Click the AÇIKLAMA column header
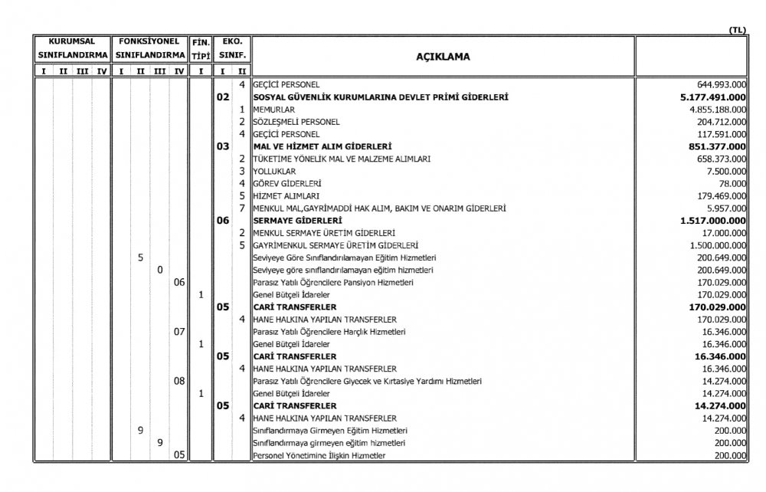[x=443, y=57]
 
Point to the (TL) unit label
[x=737, y=30]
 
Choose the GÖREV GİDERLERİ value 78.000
[x=734, y=183]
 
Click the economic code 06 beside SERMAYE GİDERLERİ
[x=223, y=220]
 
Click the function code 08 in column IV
[x=180, y=381]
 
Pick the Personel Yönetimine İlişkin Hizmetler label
[x=319, y=455]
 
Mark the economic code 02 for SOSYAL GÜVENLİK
[x=223, y=97]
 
